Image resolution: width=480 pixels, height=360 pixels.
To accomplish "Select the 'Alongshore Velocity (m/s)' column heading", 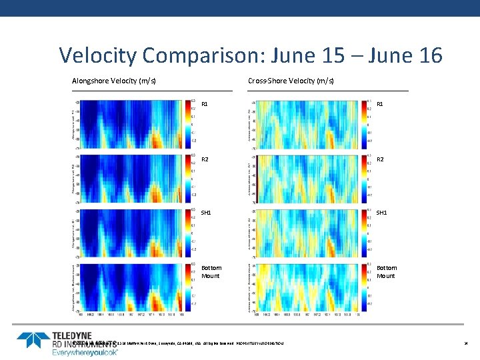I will (114, 81).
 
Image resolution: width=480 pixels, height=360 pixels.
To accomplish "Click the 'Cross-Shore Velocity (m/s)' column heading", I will (291, 81).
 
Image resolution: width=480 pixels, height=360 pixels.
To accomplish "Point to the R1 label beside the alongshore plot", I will (205, 105).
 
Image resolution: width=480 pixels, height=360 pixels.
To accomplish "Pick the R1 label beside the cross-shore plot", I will (381, 105).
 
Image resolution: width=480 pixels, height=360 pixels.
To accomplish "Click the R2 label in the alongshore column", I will (205, 159).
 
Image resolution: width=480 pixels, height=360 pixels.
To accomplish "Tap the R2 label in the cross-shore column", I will (381, 159).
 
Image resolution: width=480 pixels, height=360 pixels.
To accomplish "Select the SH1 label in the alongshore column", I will (206, 213).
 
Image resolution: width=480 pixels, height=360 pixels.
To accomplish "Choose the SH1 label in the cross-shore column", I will (383, 213).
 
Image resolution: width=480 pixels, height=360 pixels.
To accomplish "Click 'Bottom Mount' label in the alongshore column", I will (211, 272).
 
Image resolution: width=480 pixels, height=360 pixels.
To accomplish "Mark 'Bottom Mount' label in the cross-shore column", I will (387, 272).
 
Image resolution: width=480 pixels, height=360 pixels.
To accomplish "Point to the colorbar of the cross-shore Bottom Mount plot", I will (364, 287).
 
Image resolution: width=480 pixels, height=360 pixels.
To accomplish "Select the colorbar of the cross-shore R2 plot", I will (364, 179).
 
